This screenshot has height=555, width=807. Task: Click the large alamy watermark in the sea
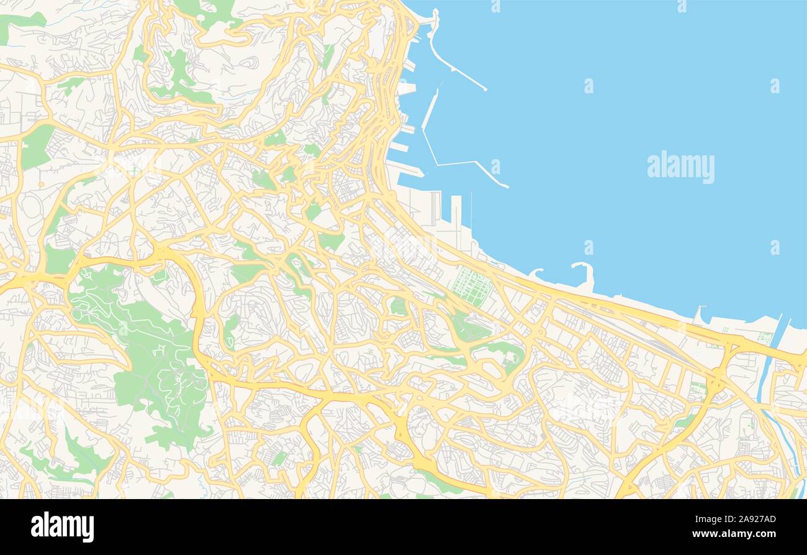click(x=680, y=167)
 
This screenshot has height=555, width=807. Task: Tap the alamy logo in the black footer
click(x=62, y=527)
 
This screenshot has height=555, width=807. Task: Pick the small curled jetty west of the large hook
click(x=535, y=272)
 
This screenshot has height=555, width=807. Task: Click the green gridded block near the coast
click(x=471, y=286)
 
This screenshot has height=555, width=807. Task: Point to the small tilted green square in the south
click(x=279, y=459)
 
